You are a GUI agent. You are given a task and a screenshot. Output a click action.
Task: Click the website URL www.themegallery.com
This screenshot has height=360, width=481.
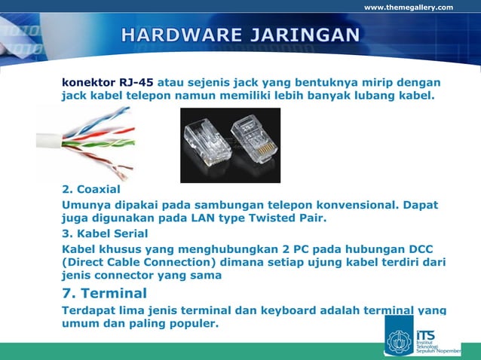tap(409, 8)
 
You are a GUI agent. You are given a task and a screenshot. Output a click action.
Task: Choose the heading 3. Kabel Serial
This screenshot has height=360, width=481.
tap(105, 233)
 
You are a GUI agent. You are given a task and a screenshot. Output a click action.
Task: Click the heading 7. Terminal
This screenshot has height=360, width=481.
tap(104, 293)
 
